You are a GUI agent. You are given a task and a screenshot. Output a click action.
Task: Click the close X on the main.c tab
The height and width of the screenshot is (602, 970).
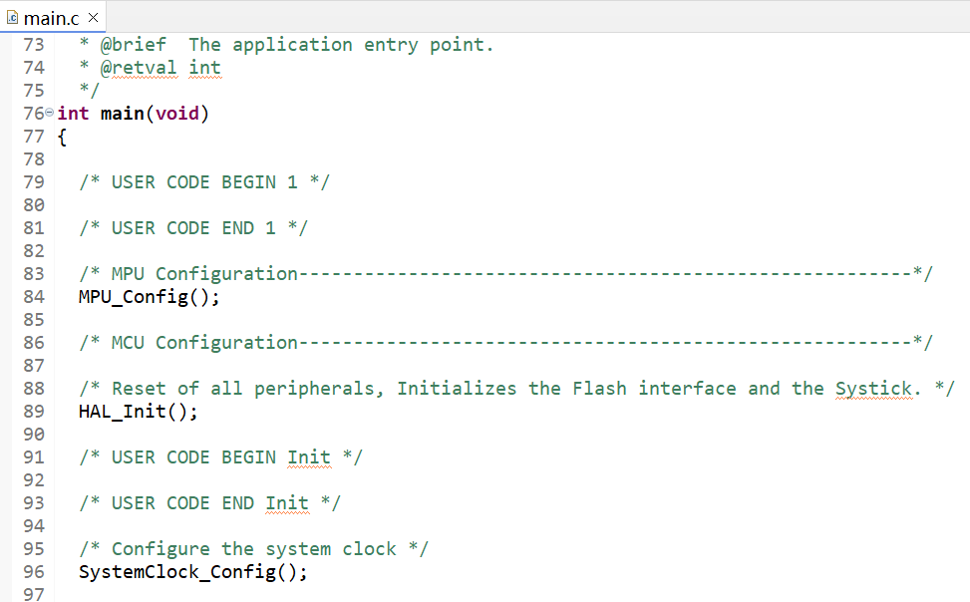click(93, 17)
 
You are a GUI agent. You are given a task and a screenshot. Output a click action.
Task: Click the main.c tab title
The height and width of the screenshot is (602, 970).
click(53, 17)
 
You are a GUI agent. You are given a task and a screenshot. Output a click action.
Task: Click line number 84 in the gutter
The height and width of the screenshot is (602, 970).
click(33, 297)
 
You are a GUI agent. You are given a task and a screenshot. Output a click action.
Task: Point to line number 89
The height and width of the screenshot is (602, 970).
click(33, 412)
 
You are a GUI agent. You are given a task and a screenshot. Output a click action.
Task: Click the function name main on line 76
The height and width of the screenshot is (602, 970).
click(122, 114)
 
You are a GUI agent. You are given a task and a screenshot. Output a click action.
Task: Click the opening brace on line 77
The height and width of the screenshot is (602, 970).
click(62, 137)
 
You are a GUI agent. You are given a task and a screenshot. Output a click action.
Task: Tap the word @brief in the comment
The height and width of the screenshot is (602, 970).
click(133, 45)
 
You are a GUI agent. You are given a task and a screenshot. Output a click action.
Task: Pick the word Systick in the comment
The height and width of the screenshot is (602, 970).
click(873, 389)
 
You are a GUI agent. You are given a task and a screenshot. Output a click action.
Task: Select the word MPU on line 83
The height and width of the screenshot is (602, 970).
click(128, 274)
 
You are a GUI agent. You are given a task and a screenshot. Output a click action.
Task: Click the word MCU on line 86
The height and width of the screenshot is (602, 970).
click(128, 343)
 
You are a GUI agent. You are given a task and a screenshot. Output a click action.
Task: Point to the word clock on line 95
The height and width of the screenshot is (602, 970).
click(369, 549)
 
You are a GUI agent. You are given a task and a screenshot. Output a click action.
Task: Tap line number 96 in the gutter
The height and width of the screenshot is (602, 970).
click(33, 572)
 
